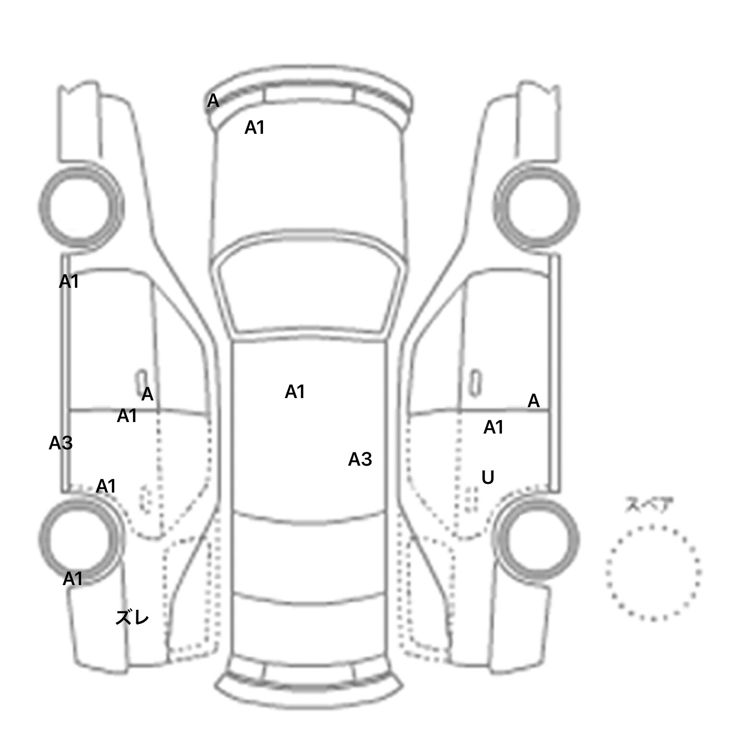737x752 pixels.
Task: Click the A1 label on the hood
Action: [254, 128]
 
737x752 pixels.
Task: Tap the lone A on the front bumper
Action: [213, 101]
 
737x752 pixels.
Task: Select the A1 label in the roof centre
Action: [295, 392]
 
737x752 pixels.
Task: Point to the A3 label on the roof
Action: [360, 459]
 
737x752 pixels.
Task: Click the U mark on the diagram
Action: [487, 477]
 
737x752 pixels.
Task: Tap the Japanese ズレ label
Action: [132, 618]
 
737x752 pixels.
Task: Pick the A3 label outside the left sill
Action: [60, 443]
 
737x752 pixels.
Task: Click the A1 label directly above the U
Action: [493, 427]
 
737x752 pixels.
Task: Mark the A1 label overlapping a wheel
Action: [72, 579]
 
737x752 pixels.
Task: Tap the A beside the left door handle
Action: [147, 394]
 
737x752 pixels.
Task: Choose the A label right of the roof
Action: [534, 400]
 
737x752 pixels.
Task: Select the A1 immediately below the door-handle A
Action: [127, 415]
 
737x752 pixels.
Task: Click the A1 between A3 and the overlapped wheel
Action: [106, 486]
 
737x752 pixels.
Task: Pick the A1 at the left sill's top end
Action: [69, 282]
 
